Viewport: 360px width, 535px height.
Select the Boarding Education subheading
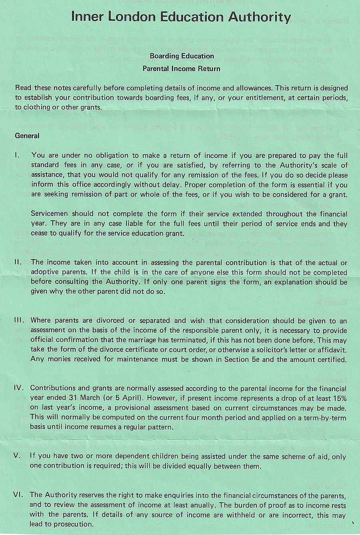tap(182, 56)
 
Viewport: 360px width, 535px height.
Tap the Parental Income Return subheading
tap(182, 68)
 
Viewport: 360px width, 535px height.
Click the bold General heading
tap(27, 136)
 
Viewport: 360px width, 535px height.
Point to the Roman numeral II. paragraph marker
tap(18, 262)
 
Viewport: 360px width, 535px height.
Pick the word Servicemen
tap(49, 214)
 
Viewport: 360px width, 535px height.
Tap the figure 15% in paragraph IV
tap(338, 398)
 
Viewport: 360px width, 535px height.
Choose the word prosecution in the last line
tap(70, 524)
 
